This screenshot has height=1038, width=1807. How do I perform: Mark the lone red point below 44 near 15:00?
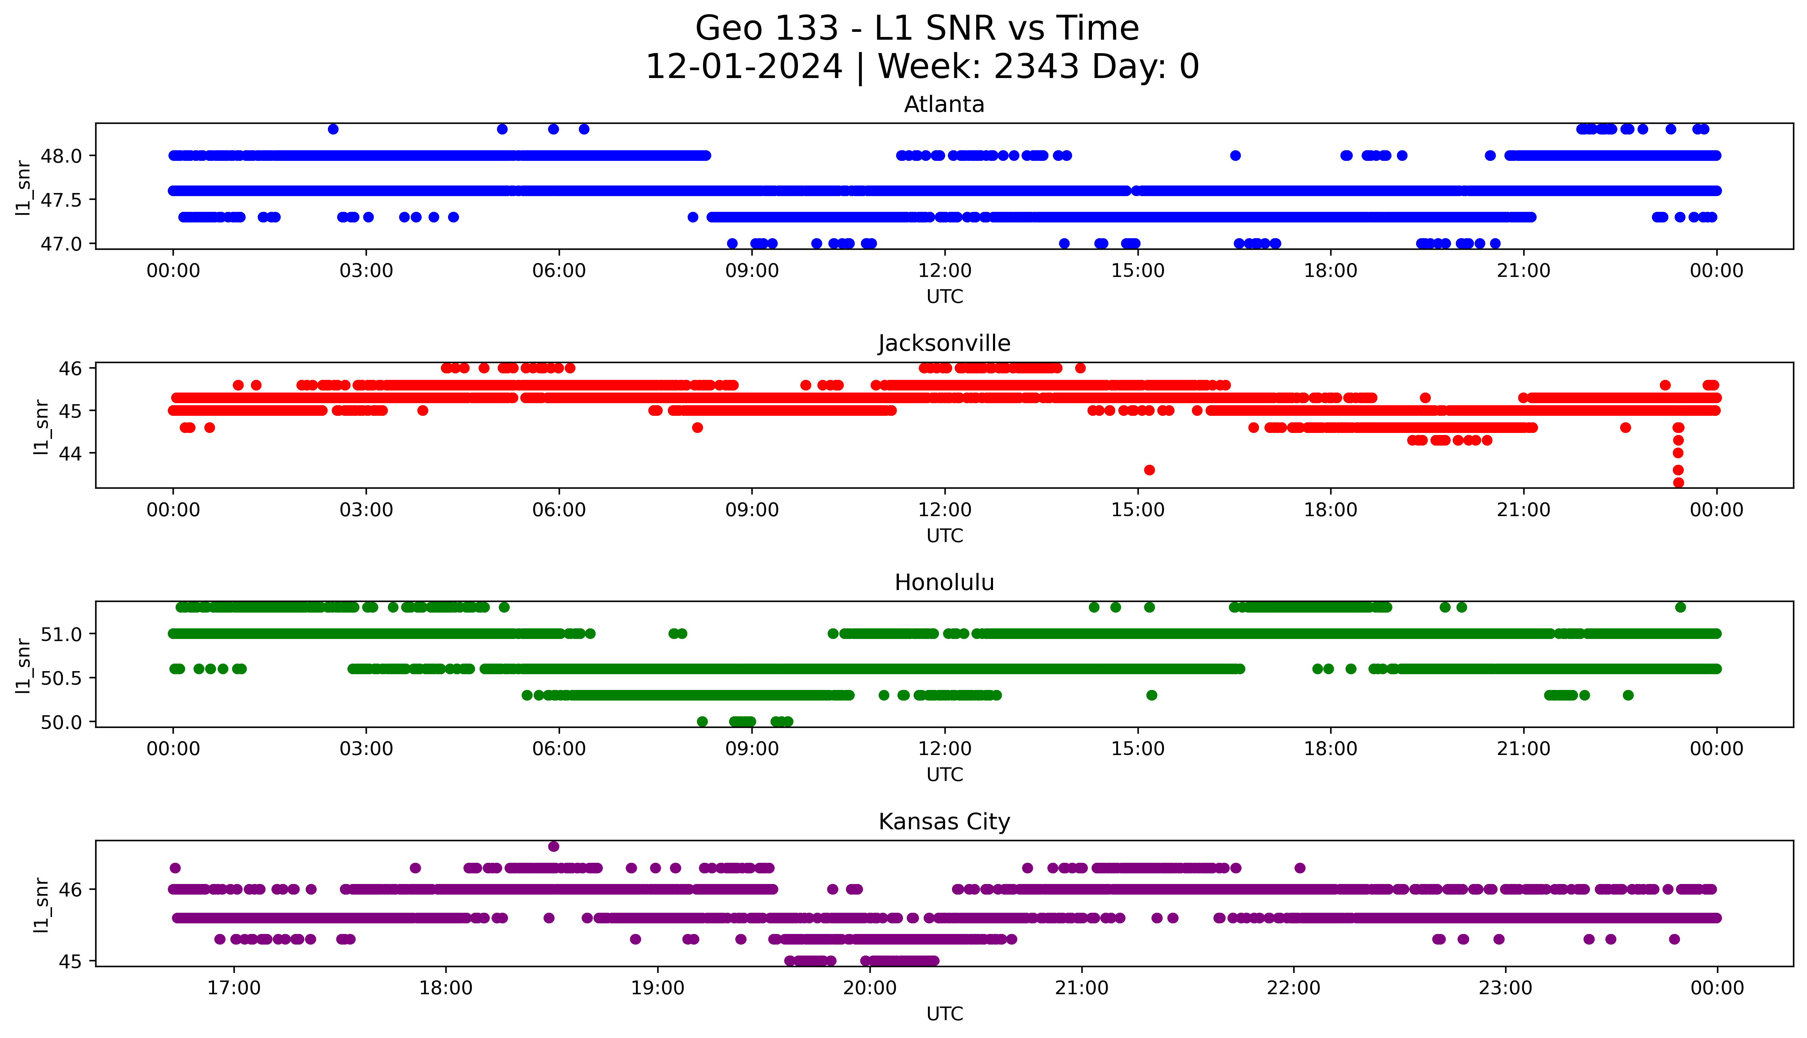click(x=1149, y=470)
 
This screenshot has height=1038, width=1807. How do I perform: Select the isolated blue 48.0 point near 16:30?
click(x=1235, y=155)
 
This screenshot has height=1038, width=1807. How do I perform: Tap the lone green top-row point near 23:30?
click(x=1680, y=607)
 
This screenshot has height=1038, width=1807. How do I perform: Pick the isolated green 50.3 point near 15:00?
click(x=1151, y=695)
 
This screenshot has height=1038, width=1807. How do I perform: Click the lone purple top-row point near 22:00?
click(x=1299, y=868)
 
